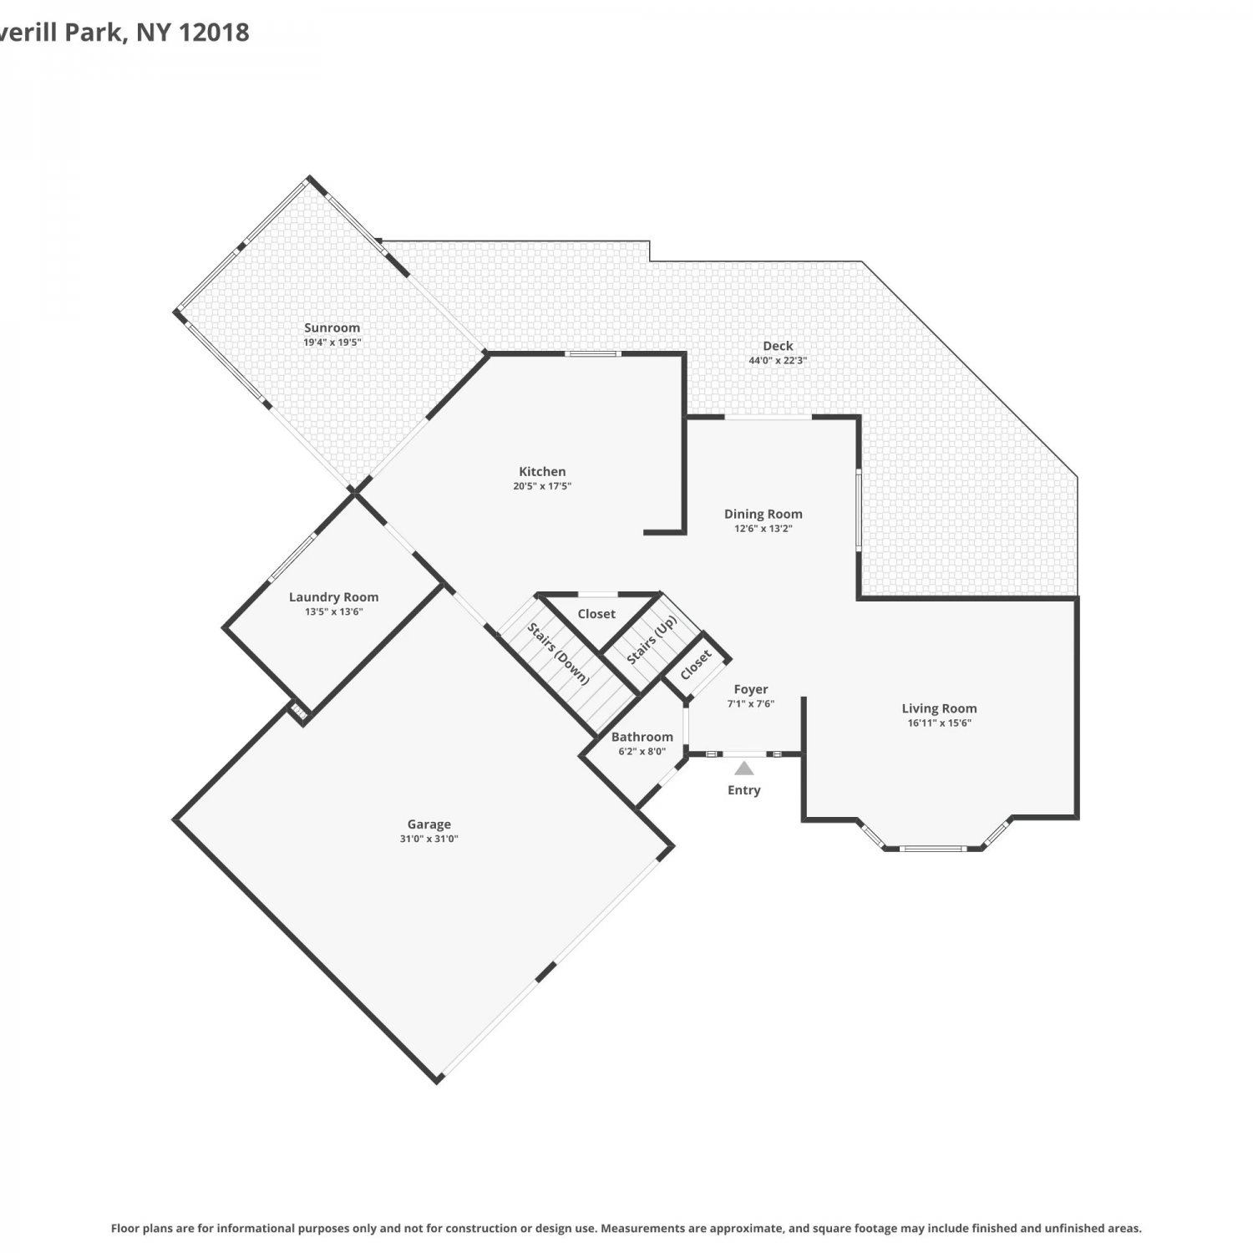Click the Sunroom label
(332, 328)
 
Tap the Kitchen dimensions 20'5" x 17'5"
(542, 486)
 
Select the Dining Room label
(763, 514)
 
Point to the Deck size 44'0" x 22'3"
(778, 361)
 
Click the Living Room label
(939, 708)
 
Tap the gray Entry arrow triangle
(744, 769)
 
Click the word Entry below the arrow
(744, 790)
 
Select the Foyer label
(751, 689)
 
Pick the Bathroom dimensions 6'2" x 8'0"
(642, 751)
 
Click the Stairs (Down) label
(558, 653)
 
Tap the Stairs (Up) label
(652, 640)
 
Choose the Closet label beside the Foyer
(696, 664)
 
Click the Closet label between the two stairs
(596, 614)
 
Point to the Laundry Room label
(333, 597)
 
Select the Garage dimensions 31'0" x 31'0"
(429, 839)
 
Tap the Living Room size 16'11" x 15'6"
(940, 723)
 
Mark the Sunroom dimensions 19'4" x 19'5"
(332, 342)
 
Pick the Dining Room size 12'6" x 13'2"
(763, 529)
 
